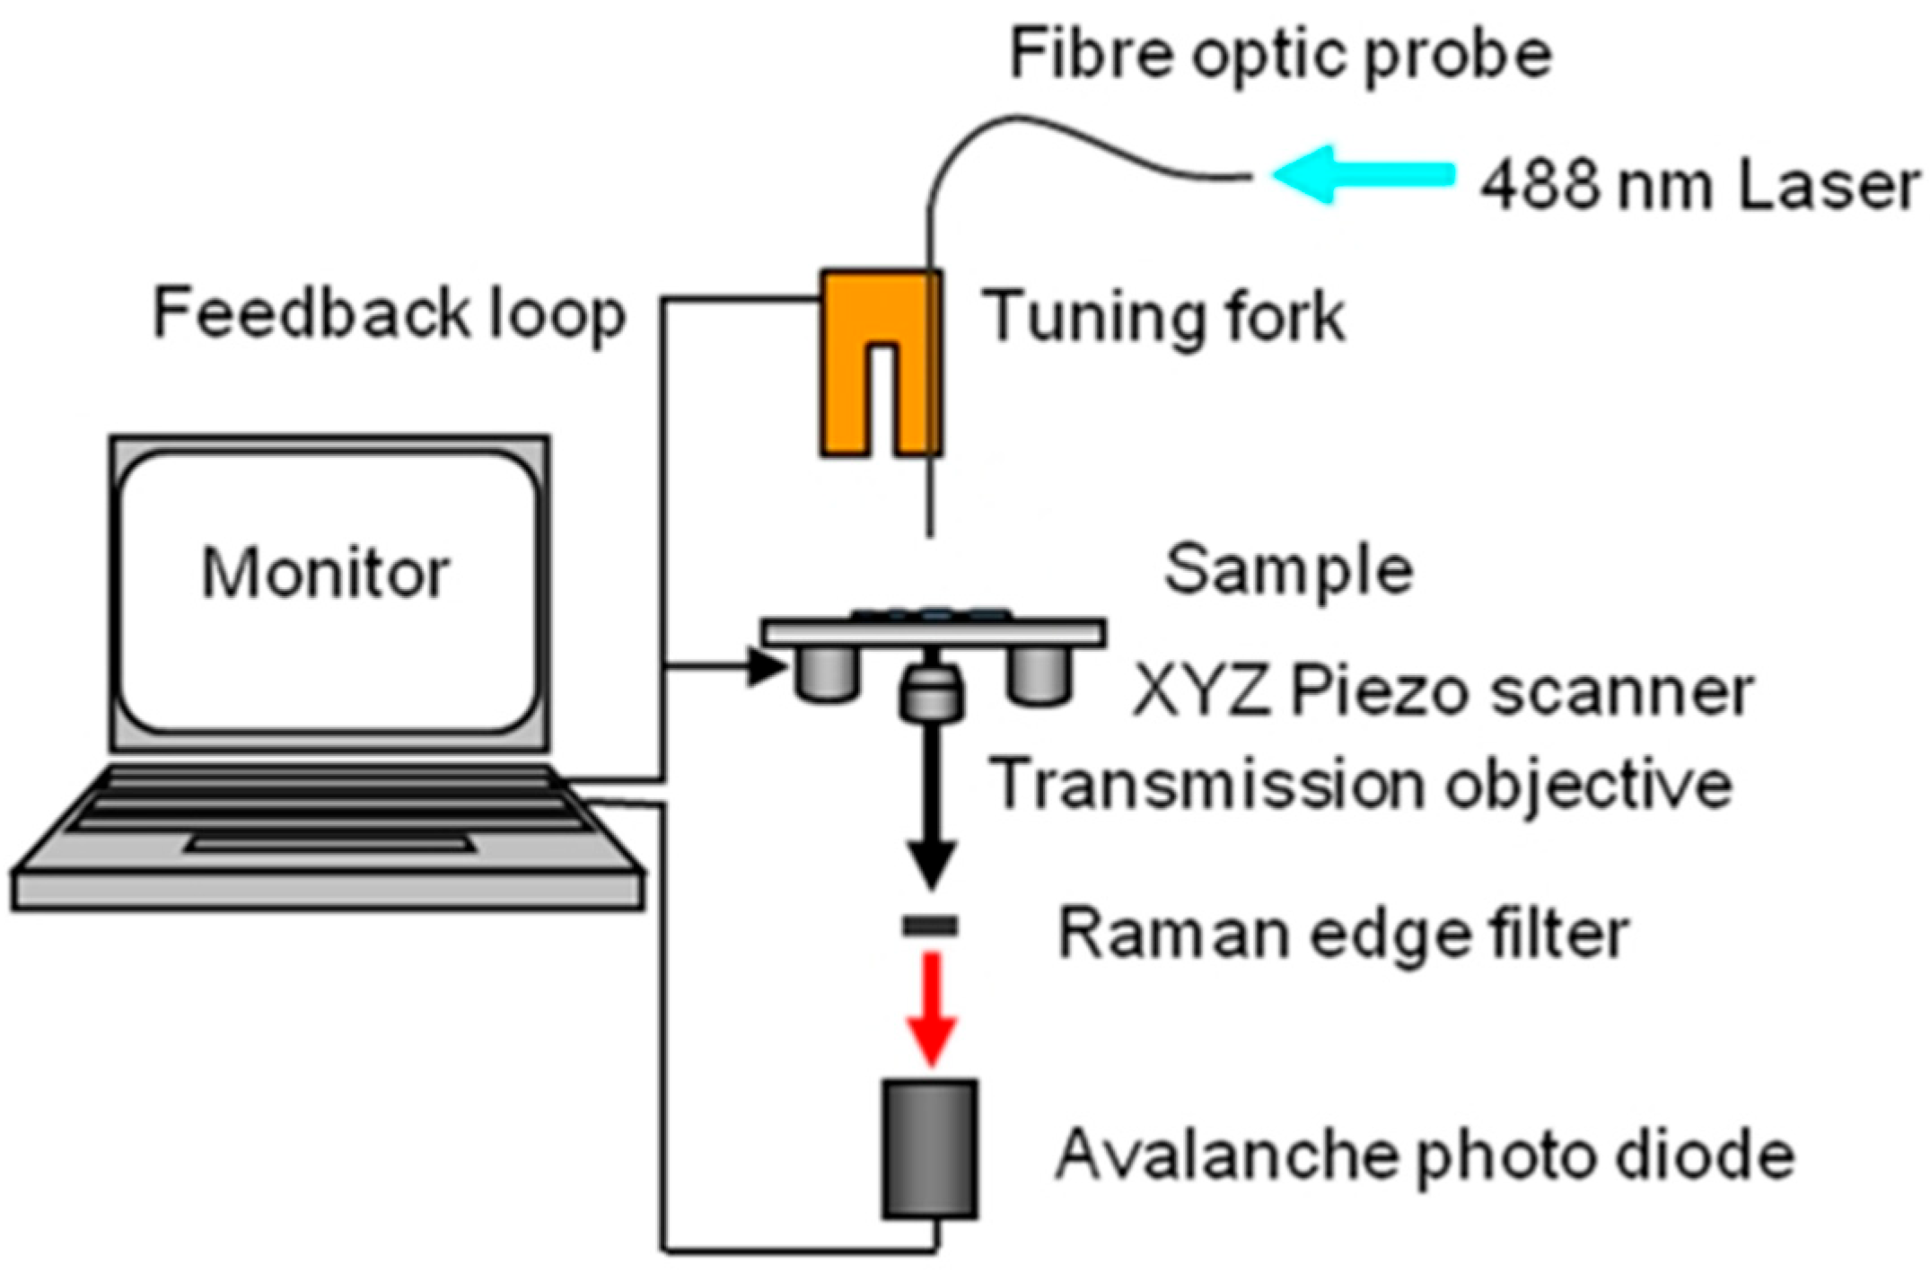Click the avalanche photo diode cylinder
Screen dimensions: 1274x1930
pos(929,1149)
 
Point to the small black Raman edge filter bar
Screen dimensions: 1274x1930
pos(930,926)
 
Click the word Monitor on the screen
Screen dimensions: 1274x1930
pos(325,572)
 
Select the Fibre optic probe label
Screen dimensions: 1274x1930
pos(1280,56)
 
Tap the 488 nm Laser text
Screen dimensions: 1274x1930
pos(1699,187)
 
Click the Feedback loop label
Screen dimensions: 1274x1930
pos(389,313)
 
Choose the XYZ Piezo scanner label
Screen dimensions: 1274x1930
pos(1443,691)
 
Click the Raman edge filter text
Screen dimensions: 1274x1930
pos(1343,934)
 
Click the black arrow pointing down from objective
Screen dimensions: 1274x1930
pos(931,808)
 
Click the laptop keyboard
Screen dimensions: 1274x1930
pos(328,813)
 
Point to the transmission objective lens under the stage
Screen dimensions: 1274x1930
pos(931,693)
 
